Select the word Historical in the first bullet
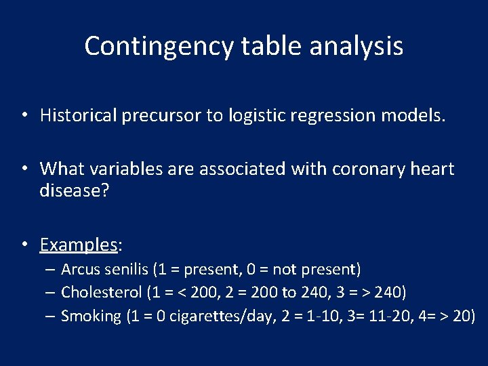pyautogui.click(x=79, y=115)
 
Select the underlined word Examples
pyautogui.click(x=79, y=244)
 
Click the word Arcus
pyautogui.click(x=80, y=270)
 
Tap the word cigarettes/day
pyautogui.click(x=220, y=316)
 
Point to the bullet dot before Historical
pyautogui.click(x=24, y=116)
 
